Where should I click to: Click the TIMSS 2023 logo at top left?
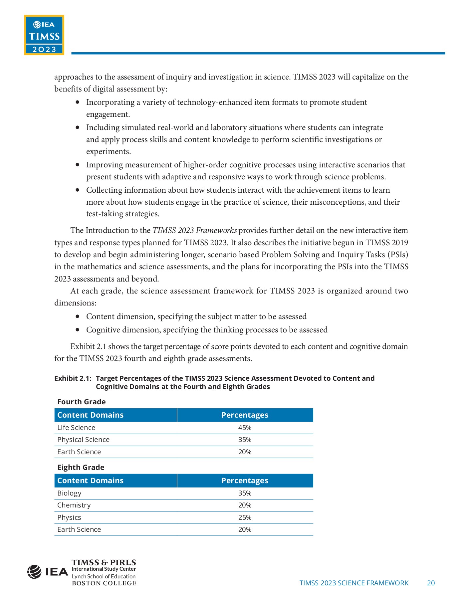[x=44, y=35]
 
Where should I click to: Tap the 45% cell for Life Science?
[x=245, y=428]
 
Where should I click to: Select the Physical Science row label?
[x=83, y=440]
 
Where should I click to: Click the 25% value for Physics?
[x=245, y=517]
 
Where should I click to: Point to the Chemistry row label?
[x=74, y=505]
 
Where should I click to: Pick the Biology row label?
[x=69, y=493]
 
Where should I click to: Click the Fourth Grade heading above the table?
[x=81, y=402]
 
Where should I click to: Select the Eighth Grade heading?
[x=81, y=467]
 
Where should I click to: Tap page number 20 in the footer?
[x=431, y=583]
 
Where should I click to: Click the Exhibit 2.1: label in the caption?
[x=73, y=378]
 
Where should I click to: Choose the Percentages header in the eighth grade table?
[x=245, y=481]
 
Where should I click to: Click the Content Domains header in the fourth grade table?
[x=90, y=415]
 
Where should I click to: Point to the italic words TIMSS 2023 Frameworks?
[x=195, y=230]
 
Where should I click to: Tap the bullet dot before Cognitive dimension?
[x=78, y=330]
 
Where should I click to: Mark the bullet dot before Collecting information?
[x=78, y=190]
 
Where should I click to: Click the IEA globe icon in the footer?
[x=34, y=572]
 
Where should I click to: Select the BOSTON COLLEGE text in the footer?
[x=104, y=583]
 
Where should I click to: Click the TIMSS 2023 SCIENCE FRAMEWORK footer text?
[x=354, y=583]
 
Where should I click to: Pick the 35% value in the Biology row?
[x=245, y=493]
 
